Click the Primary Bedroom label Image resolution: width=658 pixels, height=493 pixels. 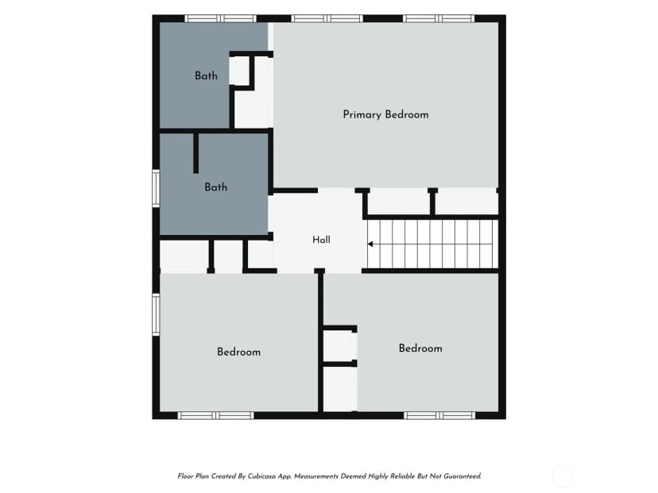click(385, 115)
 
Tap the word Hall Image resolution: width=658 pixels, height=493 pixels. click(321, 240)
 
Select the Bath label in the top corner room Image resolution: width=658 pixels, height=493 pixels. click(206, 76)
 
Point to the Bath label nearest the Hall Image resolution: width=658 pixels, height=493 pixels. click(215, 187)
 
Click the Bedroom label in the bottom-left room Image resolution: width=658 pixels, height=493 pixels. click(238, 352)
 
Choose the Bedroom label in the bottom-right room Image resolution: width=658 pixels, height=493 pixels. click(420, 349)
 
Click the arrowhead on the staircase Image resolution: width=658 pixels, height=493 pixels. click(370, 244)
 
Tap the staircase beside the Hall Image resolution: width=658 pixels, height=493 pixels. click(432, 244)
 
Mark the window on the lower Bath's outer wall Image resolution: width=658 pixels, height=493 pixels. click(156, 188)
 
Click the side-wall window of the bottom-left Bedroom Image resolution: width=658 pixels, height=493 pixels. click(156, 314)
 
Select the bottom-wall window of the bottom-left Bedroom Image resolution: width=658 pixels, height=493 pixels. click(216, 415)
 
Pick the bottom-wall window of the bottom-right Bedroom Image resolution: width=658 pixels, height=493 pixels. click(439, 415)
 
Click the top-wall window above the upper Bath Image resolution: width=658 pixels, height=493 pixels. click(220, 18)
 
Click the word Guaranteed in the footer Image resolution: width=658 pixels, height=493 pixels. click(463, 476)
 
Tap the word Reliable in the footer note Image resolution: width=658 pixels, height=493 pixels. click(403, 476)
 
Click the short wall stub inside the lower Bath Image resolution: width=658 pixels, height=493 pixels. click(195, 152)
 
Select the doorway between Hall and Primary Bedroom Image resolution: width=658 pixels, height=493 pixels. click(337, 191)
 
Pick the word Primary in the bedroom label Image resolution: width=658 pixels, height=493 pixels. click(362, 115)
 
